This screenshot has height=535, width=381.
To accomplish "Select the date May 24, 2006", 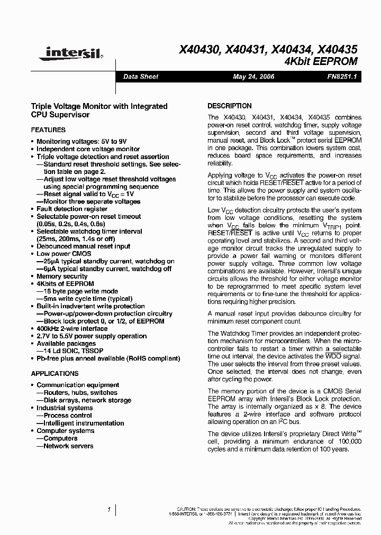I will coord(254,77).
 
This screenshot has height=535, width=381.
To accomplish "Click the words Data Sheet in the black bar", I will coord(141,77).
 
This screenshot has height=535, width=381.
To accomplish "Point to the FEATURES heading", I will coord(48,130).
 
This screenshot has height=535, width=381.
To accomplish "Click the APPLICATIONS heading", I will coord(55,373).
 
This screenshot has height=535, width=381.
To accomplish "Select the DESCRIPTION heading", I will coord(229,106).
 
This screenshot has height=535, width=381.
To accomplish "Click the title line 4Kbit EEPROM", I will coord(321,61).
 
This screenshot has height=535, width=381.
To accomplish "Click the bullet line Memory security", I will coord(62,276).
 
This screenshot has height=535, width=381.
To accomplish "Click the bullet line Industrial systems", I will coord(65,408).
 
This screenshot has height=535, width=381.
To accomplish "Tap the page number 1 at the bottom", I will coord(108,510).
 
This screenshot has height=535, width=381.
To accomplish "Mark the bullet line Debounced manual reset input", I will coord(83,246).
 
